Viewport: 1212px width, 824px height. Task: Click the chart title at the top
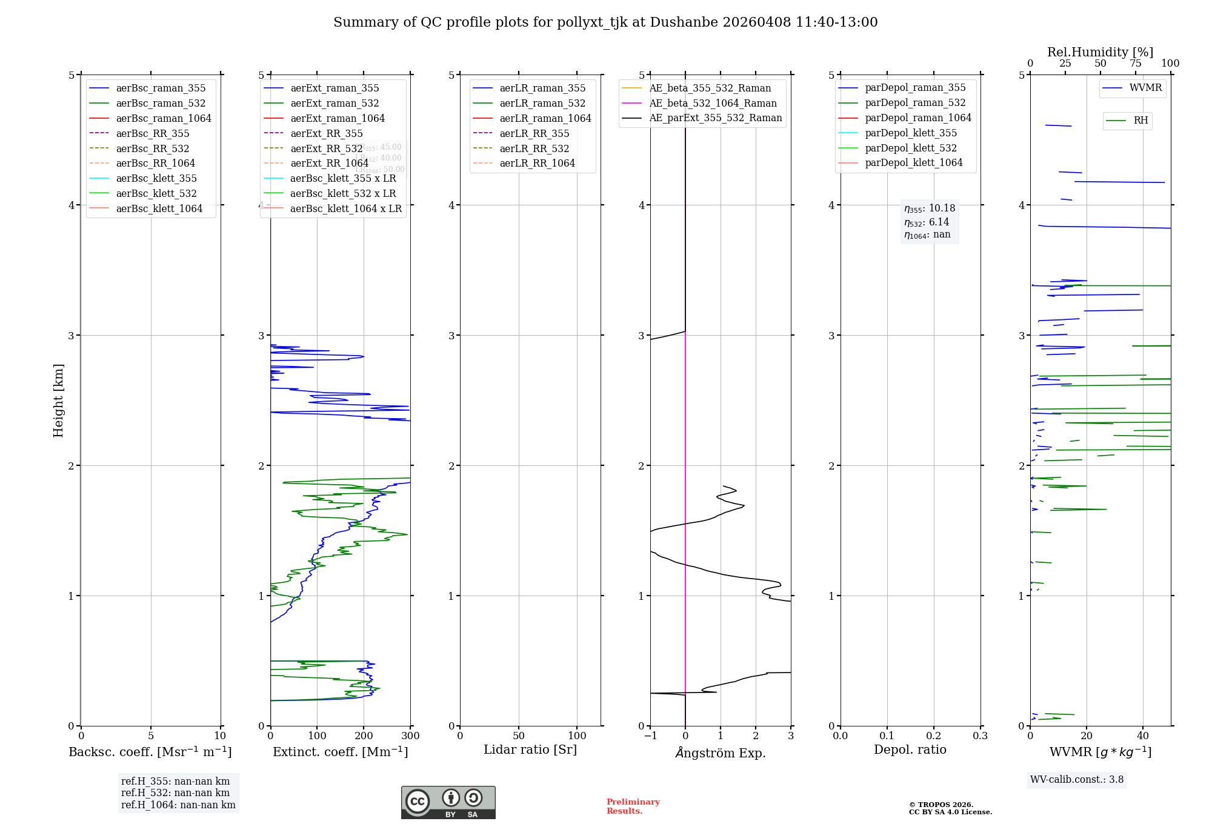point(605,22)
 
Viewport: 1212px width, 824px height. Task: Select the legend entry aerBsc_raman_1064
point(163,118)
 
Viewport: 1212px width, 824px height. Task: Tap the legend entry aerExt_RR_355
point(326,133)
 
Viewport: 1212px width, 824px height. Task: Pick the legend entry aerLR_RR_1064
point(537,163)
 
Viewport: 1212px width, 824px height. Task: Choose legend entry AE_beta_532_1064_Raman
point(713,103)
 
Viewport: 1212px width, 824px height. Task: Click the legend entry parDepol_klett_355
point(911,133)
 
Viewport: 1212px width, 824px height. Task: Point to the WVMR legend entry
point(1145,88)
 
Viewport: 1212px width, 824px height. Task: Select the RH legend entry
point(1140,121)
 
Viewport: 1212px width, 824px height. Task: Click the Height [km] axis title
point(58,400)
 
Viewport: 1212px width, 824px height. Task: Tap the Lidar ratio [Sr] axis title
point(530,749)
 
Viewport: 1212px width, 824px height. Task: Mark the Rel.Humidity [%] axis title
point(1100,52)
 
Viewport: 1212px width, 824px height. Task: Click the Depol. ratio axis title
point(910,749)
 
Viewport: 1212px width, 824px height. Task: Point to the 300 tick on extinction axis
point(411,736)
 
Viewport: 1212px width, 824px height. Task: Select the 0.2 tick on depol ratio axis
point(934,736)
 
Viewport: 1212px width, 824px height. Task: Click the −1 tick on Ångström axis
point(650,736)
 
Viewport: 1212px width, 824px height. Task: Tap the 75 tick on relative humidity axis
point(1135,64)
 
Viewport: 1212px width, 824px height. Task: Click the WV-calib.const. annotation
point(1076,780)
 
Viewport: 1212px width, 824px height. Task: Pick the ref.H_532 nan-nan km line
point(175,793)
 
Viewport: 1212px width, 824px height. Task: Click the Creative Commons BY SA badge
point(448,803)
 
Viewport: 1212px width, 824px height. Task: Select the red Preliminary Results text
point(633,806)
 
